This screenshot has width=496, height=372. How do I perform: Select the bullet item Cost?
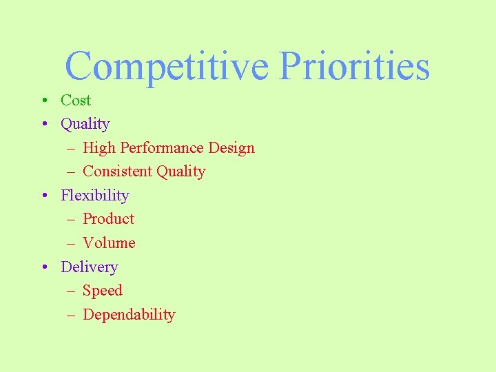(x=76, y=101)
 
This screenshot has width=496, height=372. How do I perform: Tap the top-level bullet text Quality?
(x=85, y=124)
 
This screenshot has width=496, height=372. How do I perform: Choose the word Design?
(x=231, y=148)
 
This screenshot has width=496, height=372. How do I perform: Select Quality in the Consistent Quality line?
(x=180, y=172)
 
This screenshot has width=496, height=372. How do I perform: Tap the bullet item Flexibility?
(x=95, y=196)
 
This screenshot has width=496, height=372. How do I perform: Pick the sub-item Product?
(x=108, y=219)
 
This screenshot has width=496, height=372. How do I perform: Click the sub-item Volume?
(x=109, y=243)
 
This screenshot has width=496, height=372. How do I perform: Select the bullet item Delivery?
(x=90, y=267)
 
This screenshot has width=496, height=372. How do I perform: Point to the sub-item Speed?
(x=102, y=291)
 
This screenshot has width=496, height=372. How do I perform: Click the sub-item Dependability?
(x=129, y=315)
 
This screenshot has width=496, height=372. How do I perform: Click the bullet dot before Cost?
(x=43, y=101)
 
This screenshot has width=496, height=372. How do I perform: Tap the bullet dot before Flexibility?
(x=43, y=196)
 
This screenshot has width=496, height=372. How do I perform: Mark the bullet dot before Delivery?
(x=43, y=268)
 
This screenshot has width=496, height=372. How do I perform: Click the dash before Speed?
(x=71, y=292)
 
